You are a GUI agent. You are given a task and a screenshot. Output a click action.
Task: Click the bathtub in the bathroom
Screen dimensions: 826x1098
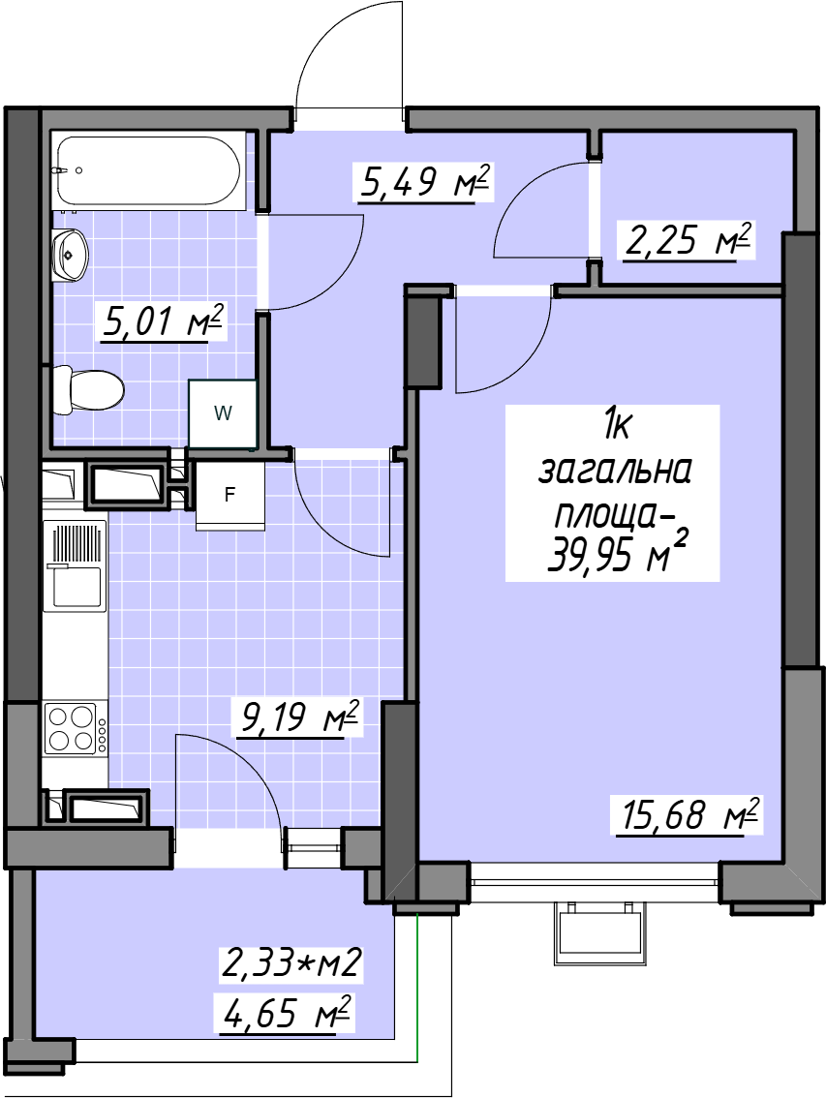pos(148,170)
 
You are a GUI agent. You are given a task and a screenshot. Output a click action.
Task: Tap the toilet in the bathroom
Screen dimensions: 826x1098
pos(88,389)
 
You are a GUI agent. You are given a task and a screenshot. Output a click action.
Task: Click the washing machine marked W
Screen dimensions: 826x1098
pos(222,413)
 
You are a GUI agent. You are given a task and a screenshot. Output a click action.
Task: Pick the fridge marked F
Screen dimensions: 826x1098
pos(229,495)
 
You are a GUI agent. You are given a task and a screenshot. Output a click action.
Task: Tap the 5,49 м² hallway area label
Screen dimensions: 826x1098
pos(423,183)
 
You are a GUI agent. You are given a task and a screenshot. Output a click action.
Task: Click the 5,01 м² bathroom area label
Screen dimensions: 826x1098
pos(164,322)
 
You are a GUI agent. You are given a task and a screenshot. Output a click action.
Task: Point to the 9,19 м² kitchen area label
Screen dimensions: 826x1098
pos(299,717)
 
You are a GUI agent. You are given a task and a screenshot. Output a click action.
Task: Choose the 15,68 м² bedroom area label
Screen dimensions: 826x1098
pos(688,815)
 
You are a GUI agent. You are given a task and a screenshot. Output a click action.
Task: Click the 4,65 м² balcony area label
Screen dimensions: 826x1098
pos(285,1013)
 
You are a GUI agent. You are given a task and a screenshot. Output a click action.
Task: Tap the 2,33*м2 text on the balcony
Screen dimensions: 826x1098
pos(291,962)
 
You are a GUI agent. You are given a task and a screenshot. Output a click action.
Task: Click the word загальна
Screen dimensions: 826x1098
pos(615,470)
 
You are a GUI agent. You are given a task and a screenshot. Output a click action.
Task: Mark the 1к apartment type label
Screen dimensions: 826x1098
pos(615,425)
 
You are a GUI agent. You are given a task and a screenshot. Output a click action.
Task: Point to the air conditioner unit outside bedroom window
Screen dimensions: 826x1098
pos(601,934)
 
